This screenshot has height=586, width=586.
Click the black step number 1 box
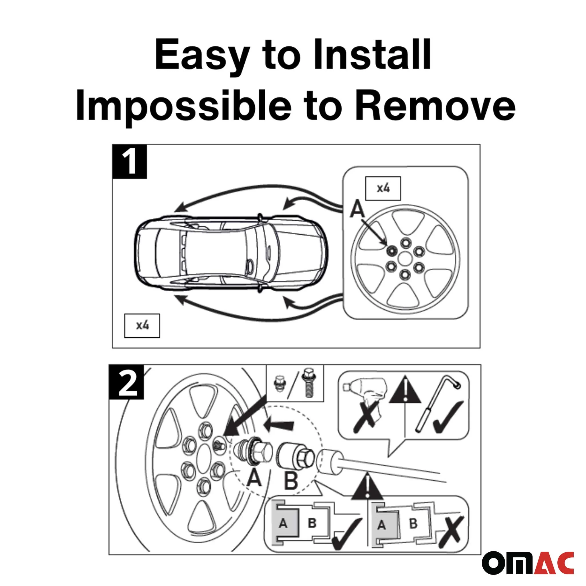(x=130, y=161)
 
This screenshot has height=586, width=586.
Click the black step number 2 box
(x=126, y=382)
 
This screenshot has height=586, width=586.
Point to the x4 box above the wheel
(x=383, y=188)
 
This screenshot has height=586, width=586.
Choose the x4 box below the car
(x=142, y=326)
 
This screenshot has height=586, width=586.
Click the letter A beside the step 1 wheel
(x=357, y=210)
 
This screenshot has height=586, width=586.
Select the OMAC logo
(x=527, y=563)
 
